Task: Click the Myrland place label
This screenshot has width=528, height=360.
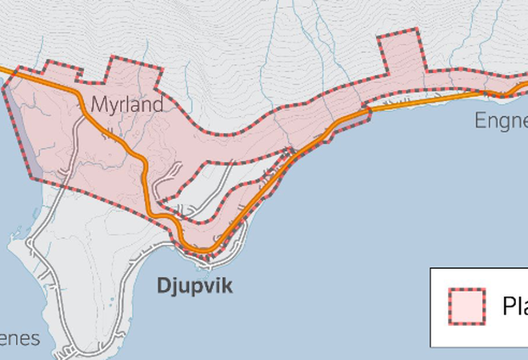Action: pos(126,104)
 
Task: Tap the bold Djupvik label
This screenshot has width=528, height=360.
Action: pos(194,286)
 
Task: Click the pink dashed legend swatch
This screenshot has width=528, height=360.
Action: pos(466,306)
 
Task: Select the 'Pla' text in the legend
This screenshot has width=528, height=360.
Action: pos(514,306)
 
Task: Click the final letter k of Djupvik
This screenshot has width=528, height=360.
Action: pos(227,286)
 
